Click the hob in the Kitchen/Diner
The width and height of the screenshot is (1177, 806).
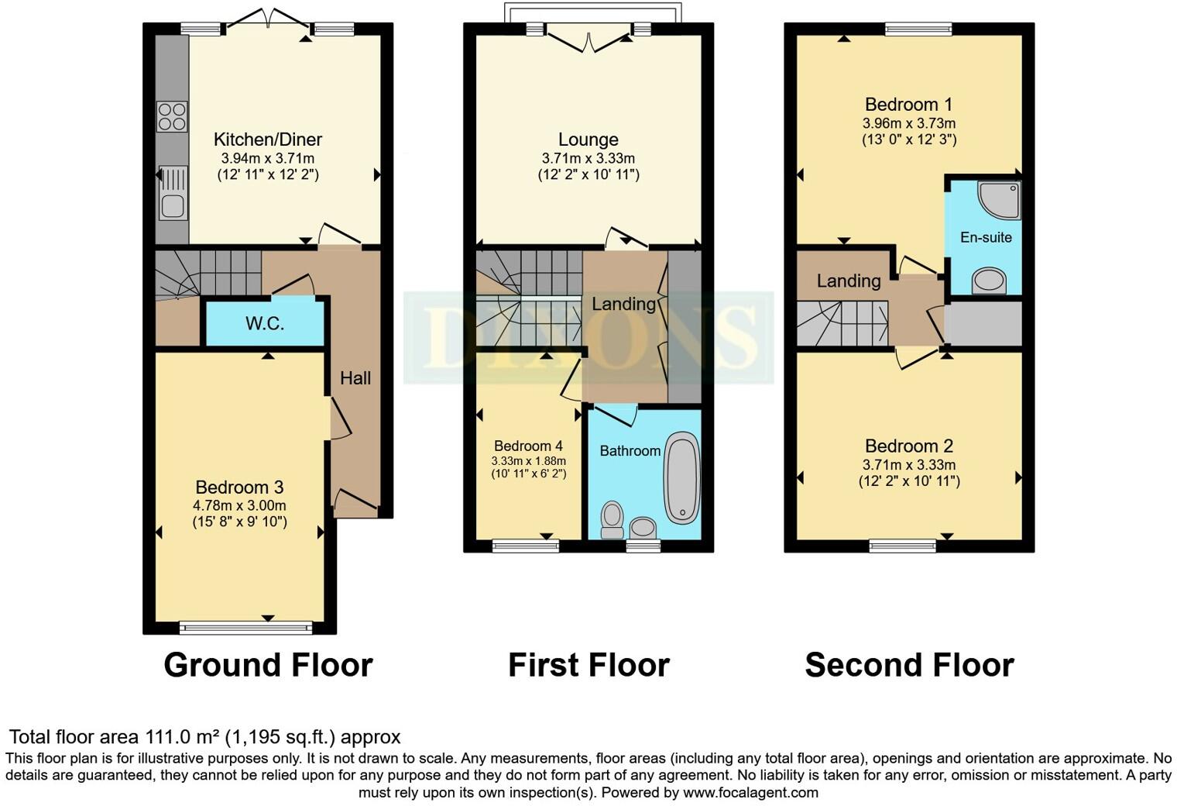point(172,117)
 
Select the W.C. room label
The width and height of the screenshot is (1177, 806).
point(265,323)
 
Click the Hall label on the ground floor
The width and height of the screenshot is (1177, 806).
point(355,378)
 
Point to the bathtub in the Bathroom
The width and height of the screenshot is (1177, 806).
point(681,477)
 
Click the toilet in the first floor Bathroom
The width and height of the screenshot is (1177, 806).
point(613,519)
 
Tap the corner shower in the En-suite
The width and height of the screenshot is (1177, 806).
point(1000,200)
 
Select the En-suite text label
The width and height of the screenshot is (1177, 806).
point(986,237)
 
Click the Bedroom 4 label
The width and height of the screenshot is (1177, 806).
point(528,446)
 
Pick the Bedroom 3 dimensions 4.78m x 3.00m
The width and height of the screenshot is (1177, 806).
point(239,505)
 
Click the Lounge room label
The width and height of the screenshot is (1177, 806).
point(588,139)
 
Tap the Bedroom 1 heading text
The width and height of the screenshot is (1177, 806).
point(908,104)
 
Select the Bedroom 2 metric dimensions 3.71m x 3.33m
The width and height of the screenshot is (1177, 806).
point(908,465)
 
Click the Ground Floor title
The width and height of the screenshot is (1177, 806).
point(268,665)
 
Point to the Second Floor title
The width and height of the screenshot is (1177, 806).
point(909,665)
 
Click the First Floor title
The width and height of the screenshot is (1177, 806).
point(588,665)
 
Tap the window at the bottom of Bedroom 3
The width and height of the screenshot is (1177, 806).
point(245,627)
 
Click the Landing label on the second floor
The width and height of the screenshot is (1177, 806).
point(849,281)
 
